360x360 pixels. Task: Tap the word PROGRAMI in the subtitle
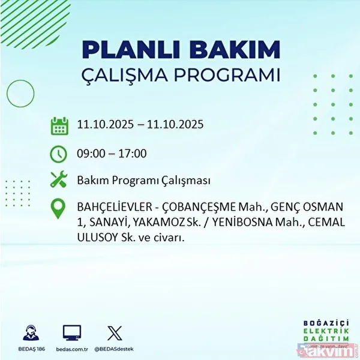pos(233,76)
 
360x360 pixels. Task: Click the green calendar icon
pos(58,126)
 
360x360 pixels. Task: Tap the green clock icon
pos(58,154)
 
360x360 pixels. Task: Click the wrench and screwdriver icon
pos(58,180)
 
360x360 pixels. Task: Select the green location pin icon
pos(58,209)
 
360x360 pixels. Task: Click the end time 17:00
pos(133,154)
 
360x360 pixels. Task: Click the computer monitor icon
pos(71,332)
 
